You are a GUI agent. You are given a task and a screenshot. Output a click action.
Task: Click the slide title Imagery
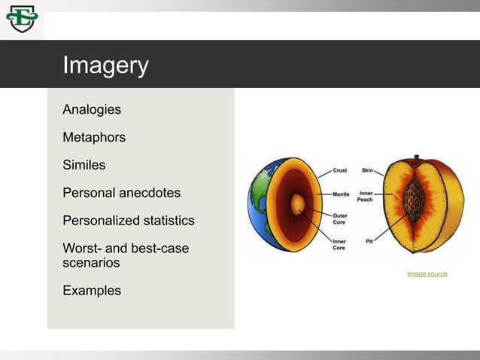[x=105, y=66]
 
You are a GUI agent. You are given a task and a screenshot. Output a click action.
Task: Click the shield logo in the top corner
[x=21, y=20]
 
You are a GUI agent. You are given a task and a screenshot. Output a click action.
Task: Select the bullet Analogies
[x=92, y=110]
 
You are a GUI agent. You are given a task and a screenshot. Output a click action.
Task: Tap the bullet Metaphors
[x=94, y=138]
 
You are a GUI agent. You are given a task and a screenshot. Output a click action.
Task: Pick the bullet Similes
[x=84, y=165]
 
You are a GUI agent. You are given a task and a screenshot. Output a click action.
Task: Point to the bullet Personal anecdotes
[x=121, y=193]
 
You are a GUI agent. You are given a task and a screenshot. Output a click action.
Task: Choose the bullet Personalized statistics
[x=128, y=221]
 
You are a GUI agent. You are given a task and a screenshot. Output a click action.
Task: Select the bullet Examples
[x=92, y=291]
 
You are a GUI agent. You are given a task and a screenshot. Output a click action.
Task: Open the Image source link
[x=427, y=274]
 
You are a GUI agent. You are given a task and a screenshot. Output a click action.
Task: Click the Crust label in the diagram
[x=342, y=171]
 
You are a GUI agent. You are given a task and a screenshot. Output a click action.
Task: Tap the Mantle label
[x=344, y=194]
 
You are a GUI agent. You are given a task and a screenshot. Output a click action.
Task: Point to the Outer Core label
[x=341, y=219]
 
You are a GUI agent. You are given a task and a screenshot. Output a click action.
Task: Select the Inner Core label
[x=341, y=245]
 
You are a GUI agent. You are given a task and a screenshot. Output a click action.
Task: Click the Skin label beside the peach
[x=369, y=171]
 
